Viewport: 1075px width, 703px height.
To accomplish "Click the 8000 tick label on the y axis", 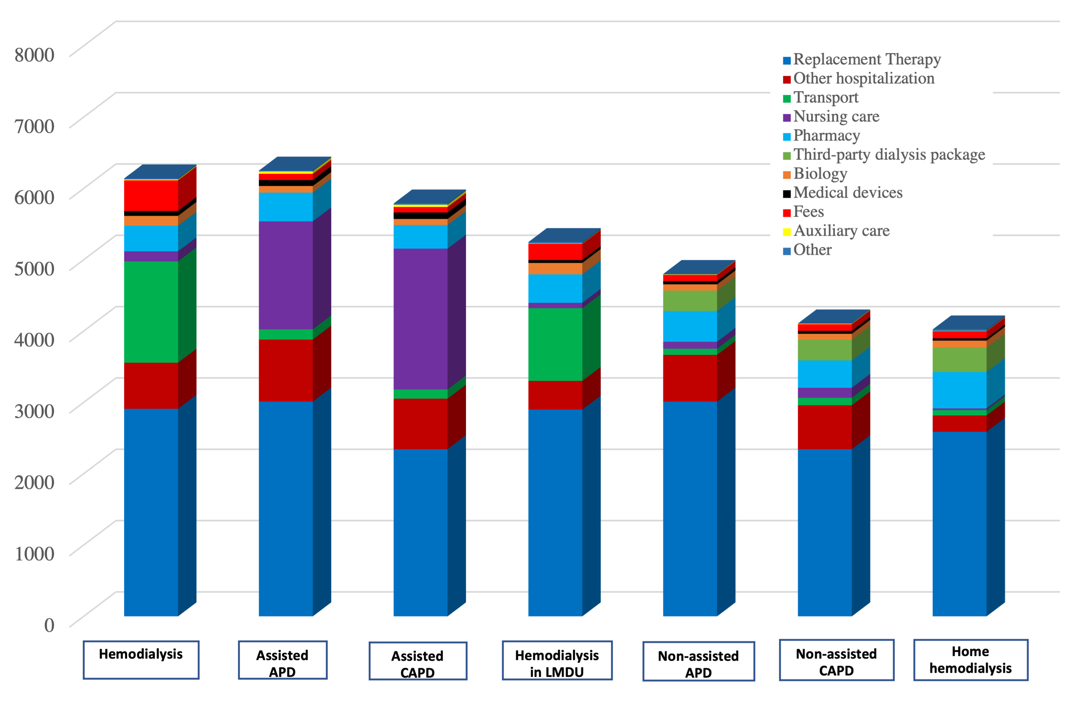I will coord(34,55).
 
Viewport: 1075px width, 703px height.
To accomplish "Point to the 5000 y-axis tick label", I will coord(34,269).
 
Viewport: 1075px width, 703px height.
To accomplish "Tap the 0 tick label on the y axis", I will coord(49,625).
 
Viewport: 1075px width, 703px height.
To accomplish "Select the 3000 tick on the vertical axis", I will coord(34,411).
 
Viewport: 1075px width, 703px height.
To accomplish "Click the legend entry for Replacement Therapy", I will coord(867,59).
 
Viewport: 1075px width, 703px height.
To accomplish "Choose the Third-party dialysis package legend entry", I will coord(889,155).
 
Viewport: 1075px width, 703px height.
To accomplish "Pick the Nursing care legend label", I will coord(836,116).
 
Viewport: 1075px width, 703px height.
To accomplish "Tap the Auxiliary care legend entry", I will coord(841,231).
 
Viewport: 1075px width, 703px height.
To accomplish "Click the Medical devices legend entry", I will coord(847,193).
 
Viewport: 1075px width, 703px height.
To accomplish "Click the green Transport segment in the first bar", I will coord(151,312).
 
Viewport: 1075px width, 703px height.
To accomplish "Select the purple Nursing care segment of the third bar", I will coord(420,319).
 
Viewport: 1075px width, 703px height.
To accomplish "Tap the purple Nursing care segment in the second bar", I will coord(285,275).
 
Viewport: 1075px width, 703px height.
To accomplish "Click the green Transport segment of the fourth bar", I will coord(555,344).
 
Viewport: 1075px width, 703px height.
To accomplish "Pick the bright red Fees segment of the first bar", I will coord(151,195).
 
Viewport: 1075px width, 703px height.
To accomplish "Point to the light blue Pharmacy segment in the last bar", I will coord(959,390).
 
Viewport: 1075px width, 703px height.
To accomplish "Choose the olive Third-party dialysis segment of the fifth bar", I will coord(690,301).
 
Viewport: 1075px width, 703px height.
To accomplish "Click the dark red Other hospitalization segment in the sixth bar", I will coord(824,427).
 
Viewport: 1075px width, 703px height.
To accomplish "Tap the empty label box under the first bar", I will coord(141,660).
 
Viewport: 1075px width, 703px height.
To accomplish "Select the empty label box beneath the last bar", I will coord(971,660).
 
